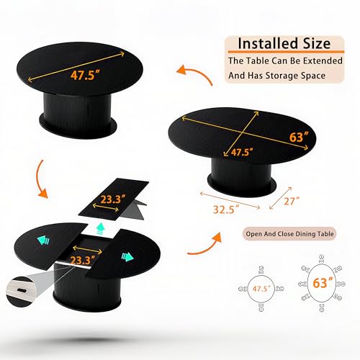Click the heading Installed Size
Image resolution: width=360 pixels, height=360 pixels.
(284, 43)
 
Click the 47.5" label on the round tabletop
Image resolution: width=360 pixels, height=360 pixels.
(85, 75)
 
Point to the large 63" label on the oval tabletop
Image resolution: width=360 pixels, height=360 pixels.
(299, 137)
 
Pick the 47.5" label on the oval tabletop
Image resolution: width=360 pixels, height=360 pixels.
(242, 152)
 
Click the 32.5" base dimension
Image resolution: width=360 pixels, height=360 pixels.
(226, 209)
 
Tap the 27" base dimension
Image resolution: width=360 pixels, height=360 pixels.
(292, 201)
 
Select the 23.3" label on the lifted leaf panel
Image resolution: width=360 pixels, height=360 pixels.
(113, 199)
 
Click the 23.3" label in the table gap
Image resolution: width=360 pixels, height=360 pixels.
(83, 260)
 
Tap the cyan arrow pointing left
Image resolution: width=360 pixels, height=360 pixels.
(43, 240)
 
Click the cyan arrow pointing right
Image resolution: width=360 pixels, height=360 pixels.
(127, 257)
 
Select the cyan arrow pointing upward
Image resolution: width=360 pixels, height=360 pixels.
(101, 228)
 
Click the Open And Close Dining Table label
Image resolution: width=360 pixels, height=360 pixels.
(289, 234)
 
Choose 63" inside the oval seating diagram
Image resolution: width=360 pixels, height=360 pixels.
(323, 282)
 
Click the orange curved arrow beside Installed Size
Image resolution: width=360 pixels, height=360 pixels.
(197, 72)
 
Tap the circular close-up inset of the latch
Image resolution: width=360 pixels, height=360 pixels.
(20, 292)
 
